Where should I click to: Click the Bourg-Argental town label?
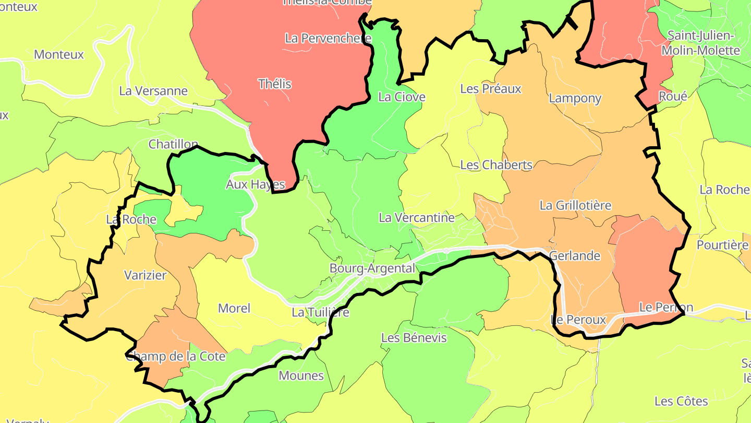(372, 268)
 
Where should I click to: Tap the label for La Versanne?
(153, 91)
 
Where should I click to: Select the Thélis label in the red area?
(275, 84)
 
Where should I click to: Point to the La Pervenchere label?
(324, 38)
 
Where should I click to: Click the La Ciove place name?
(402, 97)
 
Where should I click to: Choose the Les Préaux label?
(490, 89)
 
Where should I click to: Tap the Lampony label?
(575, 98)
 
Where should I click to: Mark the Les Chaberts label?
(496, 165)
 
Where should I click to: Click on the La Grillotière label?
(575, 205)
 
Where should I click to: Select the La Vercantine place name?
(417, 218)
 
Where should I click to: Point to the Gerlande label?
(575, 256)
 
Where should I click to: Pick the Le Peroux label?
(579, 320)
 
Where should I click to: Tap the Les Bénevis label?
(414, 338)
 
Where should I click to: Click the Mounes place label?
(301, 376)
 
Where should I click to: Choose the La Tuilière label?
(320, 312)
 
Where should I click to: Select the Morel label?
(234, 308)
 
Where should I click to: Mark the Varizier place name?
(145, 275)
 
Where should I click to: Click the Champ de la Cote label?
(176, 357)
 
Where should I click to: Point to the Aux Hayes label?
(255, 184)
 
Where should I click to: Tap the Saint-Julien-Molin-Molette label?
(704, 43)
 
